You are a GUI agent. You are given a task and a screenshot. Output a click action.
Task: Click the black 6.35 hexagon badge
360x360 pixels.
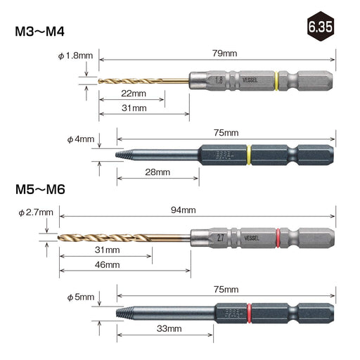(x=321, y=27)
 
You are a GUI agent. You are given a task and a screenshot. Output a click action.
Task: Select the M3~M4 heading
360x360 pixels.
(x=39, y=32)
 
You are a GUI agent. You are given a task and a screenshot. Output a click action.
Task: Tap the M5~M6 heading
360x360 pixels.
(x=40, y=189)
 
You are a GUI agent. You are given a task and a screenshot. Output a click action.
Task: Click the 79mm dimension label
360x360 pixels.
(x=224, y=53)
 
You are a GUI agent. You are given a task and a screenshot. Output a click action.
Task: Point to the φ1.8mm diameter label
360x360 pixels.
(x=75, y=56)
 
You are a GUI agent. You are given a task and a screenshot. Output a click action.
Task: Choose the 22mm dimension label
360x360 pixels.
(x=134, y=94)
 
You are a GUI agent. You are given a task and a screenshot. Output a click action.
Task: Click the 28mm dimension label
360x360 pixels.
(x=157, y=172)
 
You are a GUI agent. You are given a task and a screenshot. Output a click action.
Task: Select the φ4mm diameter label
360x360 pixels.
(x=81, y=139)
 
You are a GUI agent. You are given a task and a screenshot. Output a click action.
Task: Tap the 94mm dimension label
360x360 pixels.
(x=183, y=210)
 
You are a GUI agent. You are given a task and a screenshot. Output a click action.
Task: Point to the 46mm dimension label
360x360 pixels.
(x=107, y=265)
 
